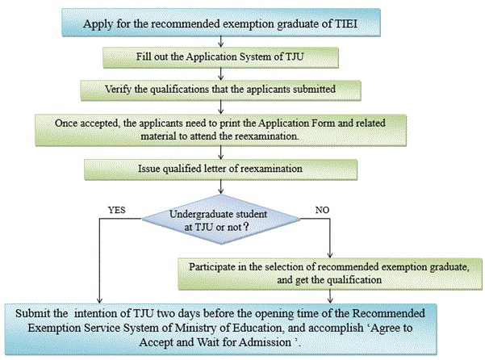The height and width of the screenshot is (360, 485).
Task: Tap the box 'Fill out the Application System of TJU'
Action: [219, 57]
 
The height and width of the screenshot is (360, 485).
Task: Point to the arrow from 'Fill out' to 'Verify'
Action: [219, 72]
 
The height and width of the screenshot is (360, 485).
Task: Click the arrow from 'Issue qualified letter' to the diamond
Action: [219, 190]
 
